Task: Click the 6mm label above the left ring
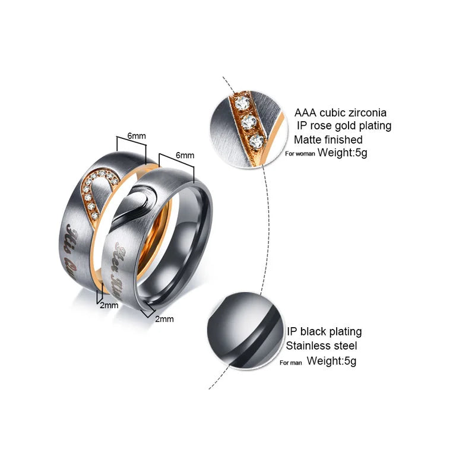point(137,136)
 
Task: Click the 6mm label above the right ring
point(185,155)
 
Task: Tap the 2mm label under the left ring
point(109,305)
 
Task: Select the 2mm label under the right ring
point(164,319)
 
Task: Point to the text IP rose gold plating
point(344,126)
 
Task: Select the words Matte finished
point(328,140)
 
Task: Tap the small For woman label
point(300,153)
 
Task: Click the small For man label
point(291,362)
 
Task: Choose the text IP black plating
point(324,331)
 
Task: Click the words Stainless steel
point(322,346)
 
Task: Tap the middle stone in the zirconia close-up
point(249,122)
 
